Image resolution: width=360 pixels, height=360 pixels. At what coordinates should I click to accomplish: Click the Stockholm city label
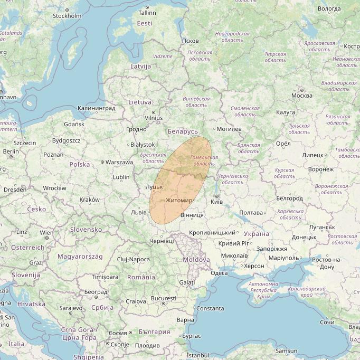(67, 16)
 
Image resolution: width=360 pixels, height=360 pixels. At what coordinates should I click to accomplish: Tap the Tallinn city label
(147, 13)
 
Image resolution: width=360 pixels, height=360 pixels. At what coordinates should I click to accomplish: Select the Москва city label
(302, 96)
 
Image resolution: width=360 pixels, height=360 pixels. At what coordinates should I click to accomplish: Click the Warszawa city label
(119, 162)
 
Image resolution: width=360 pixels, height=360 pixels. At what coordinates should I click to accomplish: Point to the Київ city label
(216, 202)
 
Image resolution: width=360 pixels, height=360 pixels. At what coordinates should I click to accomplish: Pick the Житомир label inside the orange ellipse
(179, 201)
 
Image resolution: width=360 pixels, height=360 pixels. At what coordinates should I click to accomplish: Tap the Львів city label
(138, 212)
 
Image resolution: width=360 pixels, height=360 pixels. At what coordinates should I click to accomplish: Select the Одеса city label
(219, 273)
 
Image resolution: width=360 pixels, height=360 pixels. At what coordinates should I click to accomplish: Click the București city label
(163, 298)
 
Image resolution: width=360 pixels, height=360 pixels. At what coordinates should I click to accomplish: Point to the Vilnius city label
(154, 118)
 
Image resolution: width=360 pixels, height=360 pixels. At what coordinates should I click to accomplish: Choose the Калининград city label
(96, 108)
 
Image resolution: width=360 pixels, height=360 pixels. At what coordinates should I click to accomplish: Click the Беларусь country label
(182, 131)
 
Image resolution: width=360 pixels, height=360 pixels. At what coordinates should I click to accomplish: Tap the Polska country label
(80, 164)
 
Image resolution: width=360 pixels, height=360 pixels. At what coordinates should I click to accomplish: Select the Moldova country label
(196, 260)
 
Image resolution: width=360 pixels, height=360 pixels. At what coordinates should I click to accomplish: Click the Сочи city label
(327, 322)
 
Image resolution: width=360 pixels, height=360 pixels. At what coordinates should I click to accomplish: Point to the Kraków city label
(89, 200)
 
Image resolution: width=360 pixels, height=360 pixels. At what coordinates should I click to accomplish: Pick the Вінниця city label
(192, 215)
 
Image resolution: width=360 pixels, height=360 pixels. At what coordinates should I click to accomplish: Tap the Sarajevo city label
(71, 308)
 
